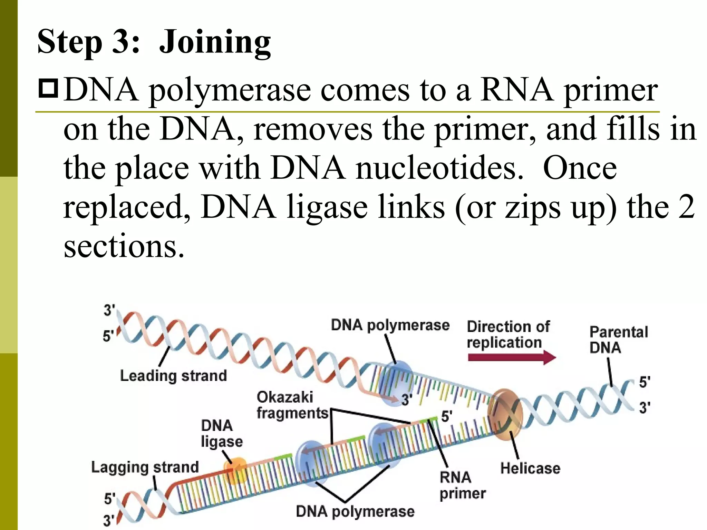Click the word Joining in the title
click(x=215, y=42)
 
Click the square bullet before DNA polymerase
click(x=48, y=89)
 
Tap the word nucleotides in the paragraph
click(x=439, y=168)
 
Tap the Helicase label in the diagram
click(x=530, y=468)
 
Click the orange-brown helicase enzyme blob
click(x=505, y=414)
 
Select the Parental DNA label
click(x=618, y=340)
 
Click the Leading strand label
click(x=173, y=375)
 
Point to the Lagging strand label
click(x=145, y=467)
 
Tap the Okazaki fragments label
click(x=292, y=405)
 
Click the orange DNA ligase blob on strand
click(x=236, y=470)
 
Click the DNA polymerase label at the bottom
click(x=355, y=511)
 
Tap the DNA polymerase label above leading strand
click(x=390, y=325)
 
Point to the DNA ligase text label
click(x=222, y=433)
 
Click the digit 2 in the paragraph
click(x=686, y=207)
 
